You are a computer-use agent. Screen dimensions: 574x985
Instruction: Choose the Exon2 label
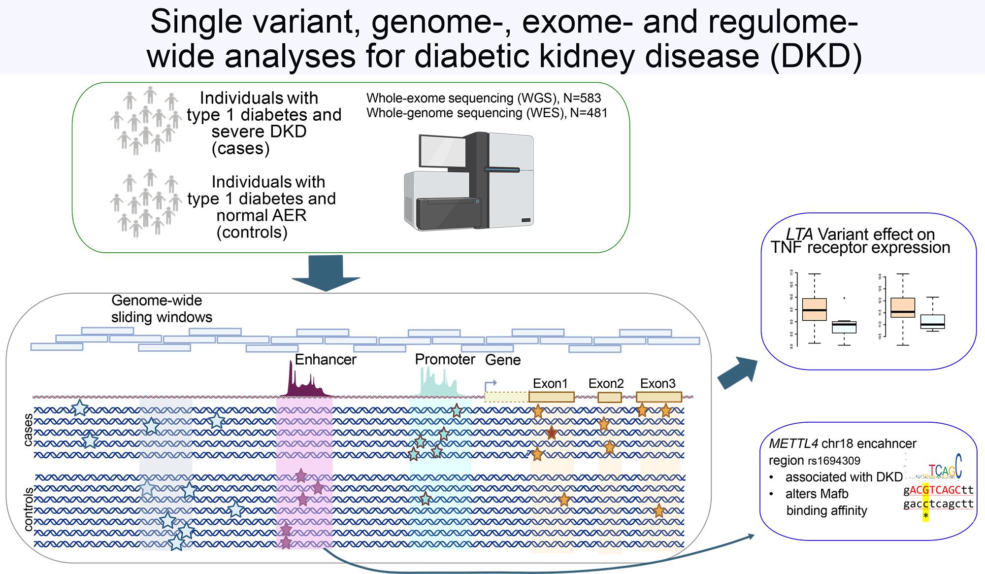pos(606,383)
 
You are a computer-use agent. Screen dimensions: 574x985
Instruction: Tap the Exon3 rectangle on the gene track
pos(658,397)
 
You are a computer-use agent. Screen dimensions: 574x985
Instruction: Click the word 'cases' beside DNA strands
pos(28,430)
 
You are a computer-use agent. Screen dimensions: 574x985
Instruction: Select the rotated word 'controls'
pos(28,509)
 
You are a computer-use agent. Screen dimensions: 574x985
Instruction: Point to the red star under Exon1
pos(552,433)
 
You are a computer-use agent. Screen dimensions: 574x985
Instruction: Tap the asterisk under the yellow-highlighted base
pos(926,515)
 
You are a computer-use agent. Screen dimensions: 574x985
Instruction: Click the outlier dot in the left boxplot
pos(844,298)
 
